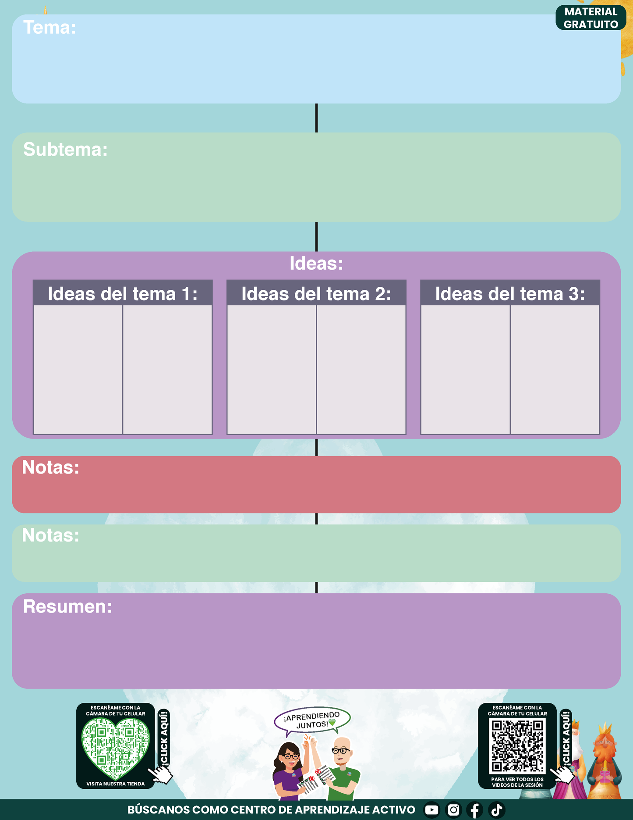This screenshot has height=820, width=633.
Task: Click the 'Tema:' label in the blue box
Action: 50,27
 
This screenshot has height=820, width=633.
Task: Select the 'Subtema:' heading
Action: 65,150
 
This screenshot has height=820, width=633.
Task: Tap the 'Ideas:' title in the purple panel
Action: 316,263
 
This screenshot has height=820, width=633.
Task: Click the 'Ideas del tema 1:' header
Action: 123,293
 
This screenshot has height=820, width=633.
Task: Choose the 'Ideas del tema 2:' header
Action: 316,293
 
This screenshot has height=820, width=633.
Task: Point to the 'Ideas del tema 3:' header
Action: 510,293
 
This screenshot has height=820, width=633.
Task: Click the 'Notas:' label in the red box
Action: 51,467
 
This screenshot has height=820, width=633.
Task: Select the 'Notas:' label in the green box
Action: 51,535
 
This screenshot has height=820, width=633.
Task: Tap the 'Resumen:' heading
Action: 67,606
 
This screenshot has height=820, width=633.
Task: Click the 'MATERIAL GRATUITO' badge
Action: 591,18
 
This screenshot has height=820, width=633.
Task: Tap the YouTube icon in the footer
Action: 431,810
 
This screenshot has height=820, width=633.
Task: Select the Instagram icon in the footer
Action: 453,810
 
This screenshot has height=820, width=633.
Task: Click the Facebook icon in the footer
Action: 475,810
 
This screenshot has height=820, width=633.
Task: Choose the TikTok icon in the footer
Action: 497,810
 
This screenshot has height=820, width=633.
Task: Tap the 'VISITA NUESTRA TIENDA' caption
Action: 115,784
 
